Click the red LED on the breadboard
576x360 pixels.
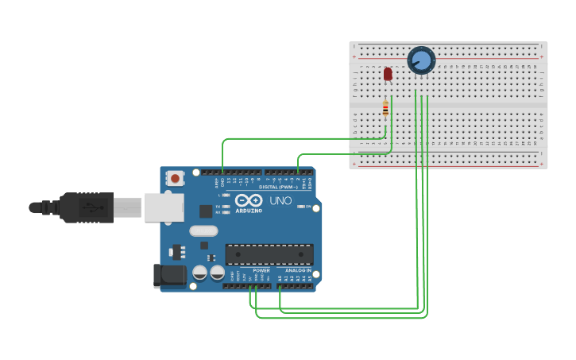388,74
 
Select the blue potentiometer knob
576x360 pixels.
421,60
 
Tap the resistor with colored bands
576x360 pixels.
385,109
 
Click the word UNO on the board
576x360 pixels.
280,201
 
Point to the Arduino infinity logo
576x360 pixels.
248,200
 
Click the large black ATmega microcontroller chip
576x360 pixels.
269,254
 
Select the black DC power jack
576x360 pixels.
169,276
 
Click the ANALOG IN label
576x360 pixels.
298,270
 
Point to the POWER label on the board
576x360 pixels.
261,270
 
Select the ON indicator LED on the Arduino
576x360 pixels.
300,207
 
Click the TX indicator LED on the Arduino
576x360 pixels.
226,207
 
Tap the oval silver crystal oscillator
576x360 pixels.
203,231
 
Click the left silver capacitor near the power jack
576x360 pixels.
199,273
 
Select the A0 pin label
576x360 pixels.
280,278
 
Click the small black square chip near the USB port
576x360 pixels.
206,211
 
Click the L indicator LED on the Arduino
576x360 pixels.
226,195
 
